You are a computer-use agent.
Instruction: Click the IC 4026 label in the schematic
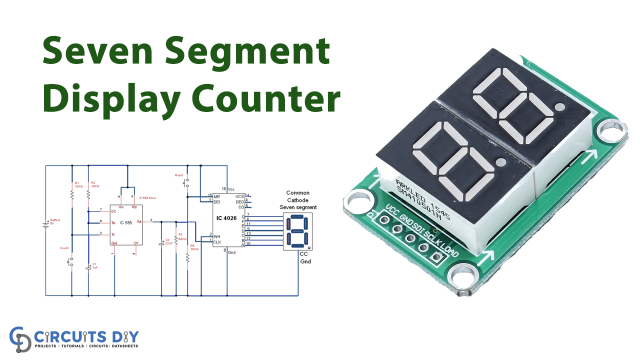click(226, 219)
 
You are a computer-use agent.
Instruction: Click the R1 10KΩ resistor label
click(78, 184)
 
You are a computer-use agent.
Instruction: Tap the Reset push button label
click(178, 175)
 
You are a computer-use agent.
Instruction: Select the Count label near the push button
click(64, 248)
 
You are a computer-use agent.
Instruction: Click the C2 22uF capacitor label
click(168, 242)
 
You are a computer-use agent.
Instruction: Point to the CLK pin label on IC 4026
click(217, 242)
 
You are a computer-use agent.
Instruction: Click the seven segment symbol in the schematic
click(297, 231)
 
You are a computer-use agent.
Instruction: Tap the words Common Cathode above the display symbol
click(298, 196)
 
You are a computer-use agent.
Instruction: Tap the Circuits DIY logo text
click(88, 336)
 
